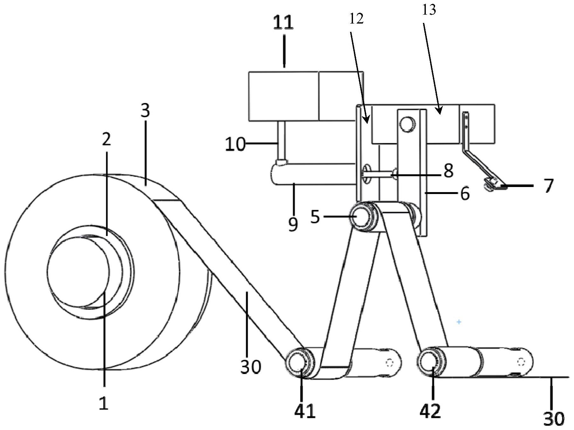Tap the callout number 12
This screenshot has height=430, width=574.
[x=356, y=19]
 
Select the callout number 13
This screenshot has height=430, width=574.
[x=429, y=10]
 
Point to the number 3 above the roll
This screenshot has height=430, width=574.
[x=145, y=111]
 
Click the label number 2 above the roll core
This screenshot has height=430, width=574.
[x=107, y=139]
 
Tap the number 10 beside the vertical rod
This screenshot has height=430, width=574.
[x=235, y=144]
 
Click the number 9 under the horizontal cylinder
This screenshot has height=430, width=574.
[x=293, y=225]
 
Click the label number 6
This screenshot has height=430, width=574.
[x=465, y=193]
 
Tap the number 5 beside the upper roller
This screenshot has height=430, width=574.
[x=315, y=217]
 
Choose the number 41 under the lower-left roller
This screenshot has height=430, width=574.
[x=305, y=411]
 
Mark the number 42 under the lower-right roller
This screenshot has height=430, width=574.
[x=430, y=411]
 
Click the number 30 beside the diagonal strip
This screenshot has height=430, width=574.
[x=251, y=367]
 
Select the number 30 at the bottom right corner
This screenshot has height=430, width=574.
[x=554, y=419]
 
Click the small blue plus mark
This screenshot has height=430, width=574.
[x=459, y=322]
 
